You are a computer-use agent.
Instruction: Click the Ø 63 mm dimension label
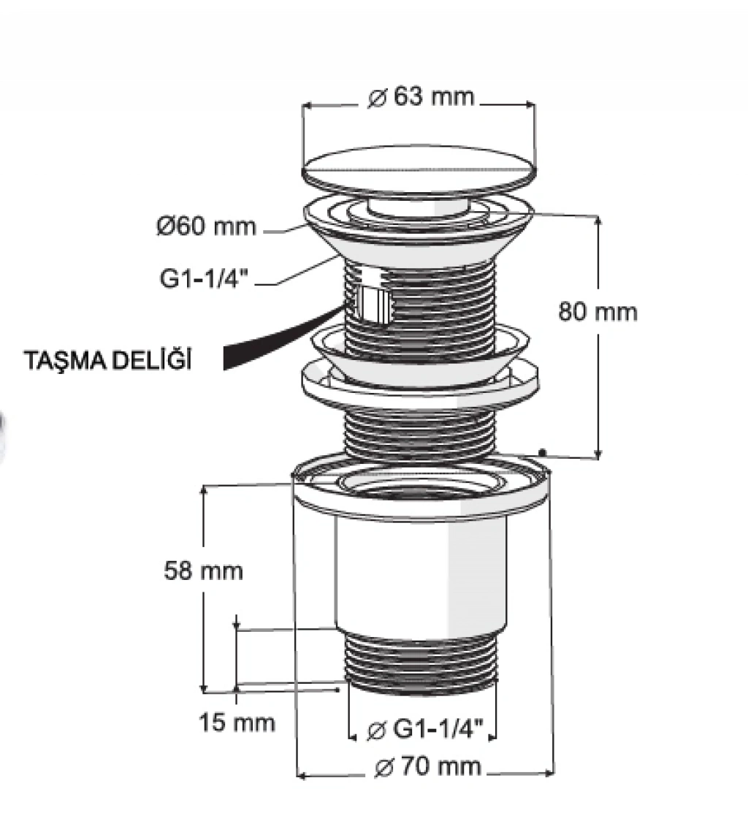tap(421, 96)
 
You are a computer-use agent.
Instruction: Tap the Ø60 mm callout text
tap(206, 226)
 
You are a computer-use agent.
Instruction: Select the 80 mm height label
tap(598, 312)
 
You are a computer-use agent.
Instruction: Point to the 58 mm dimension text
tap(203, 571)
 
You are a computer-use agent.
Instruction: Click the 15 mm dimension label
tap(237, 722)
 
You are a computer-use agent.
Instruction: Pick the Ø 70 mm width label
tap(428, 766)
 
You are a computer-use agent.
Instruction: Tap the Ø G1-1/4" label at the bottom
tap(424, 730)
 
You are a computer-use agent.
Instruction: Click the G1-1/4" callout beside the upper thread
tap(203, 278)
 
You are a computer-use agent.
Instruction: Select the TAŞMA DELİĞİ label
tap(108, 361)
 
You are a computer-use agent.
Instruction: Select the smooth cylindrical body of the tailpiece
tap(421, 576)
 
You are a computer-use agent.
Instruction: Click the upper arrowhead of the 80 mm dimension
tap(598, 220)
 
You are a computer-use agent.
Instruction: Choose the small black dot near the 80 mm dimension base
tap(543, 452)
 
